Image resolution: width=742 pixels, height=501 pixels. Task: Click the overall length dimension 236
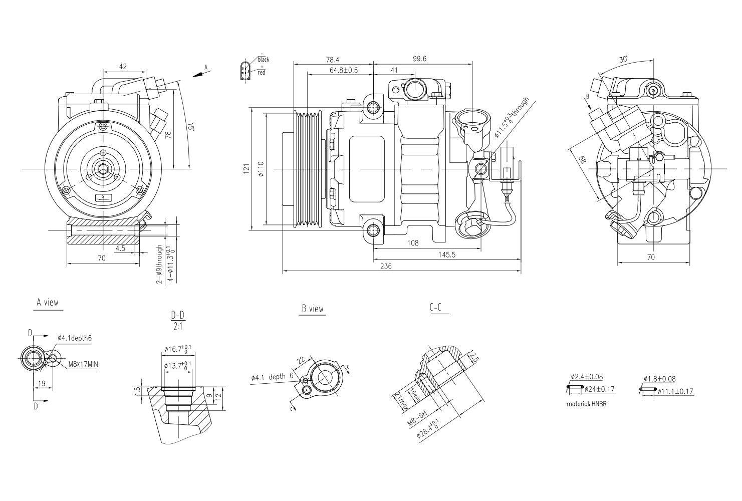pos(386,267)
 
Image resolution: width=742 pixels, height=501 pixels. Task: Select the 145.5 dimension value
pos(446,255)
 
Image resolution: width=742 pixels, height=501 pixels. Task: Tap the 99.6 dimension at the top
pos(419,59)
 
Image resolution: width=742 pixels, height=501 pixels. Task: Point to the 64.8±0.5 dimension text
pos(344,70)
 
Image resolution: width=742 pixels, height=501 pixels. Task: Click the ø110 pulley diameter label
pos(260,171)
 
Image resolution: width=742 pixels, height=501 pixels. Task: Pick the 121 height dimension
pos(246,170)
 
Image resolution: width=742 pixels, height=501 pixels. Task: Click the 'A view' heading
pos(48,303)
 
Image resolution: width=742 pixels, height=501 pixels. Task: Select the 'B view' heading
pos(313,309)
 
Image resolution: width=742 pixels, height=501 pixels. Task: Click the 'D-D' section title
pos(178,315)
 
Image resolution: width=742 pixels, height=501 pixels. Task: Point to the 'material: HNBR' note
pos(586,403)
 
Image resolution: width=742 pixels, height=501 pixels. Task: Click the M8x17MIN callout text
pos(83,364)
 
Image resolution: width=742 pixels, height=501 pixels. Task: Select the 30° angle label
pos(623,59)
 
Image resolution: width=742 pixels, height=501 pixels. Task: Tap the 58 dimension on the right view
pos(582,160)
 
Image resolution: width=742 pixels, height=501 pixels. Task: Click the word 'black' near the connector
pos(263,60)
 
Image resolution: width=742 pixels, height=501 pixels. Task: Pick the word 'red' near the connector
pos(261,73)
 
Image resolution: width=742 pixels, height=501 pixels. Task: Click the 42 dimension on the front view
pos(122,66)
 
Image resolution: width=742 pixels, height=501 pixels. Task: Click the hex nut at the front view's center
pos(102,169)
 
